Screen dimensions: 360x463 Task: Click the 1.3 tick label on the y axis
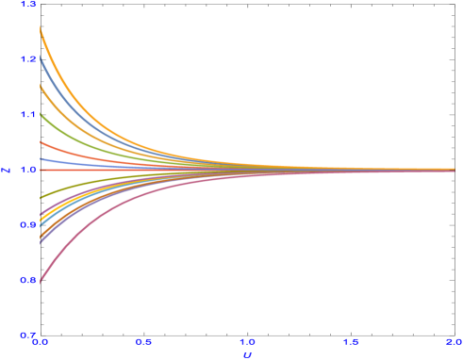tap(27, 5)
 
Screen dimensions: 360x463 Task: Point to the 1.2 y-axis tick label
tap(27, 59)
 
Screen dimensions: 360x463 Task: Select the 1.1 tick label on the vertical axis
tap(27, 115)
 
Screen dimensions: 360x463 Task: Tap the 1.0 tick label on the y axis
tap(27, 170)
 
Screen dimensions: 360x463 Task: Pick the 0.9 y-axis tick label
tap(27, 225)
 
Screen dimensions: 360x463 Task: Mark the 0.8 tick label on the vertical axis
tap(27, 280)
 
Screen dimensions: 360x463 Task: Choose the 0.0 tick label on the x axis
tap(41, 341)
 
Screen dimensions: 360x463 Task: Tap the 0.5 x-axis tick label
tap(143, 341)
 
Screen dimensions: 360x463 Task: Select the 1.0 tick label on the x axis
tap(247, 341)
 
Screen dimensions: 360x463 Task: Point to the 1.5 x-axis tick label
tap(350, 341)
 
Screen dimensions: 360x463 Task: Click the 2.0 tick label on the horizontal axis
tap(454, 341)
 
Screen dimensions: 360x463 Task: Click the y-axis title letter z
tap(7, 171)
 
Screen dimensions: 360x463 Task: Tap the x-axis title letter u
tap(247, 354)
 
